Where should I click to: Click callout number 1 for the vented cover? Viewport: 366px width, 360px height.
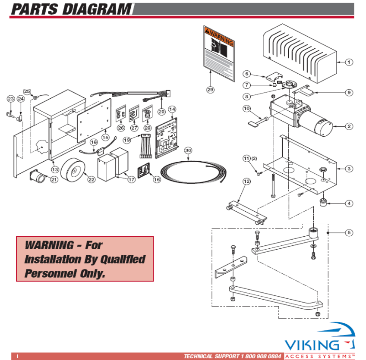click(349, 62)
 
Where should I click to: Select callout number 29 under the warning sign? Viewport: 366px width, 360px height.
click(210, 89)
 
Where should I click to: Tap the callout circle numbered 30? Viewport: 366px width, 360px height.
click(188, 150)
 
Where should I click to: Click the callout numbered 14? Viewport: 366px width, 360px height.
click(172, 109)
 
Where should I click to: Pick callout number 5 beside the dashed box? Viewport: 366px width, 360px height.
click(349, 232)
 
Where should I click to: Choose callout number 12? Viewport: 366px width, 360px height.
click(246, 182)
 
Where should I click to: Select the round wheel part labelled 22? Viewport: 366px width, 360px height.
click(73, 170)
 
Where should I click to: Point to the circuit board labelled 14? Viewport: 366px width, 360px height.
click(166, 137)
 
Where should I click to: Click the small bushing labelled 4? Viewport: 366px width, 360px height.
click(322, 202)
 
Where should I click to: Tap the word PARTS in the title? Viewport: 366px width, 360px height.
click(36, 8)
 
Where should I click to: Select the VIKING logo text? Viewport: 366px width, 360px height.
click(311, 345)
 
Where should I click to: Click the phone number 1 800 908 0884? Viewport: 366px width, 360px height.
click(258, 357)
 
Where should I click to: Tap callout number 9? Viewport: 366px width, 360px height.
click(349, 92)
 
